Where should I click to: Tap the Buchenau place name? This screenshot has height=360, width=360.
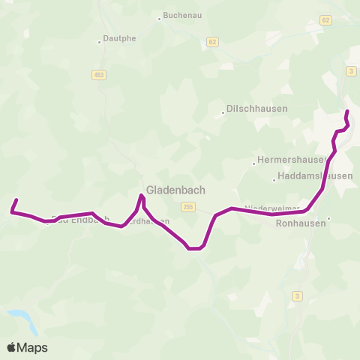click(x=184, y=15)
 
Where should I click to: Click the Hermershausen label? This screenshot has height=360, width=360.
click(x=291, y=160)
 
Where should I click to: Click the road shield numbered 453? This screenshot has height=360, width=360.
click(x=99, y=74)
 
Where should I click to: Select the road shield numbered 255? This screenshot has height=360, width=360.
click(x=187, y=206)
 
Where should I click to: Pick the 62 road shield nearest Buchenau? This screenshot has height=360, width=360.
click(x=214, y=42)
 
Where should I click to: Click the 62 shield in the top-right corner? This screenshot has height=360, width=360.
click(x=325, y=20)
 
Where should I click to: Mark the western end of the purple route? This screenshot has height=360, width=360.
click(x=16, y=199)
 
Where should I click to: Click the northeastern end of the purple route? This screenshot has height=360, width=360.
click(x=346, y=112)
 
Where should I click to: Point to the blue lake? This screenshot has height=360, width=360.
click(x=22, y=319)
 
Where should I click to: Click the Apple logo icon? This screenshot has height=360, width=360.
click(x=13, y=347)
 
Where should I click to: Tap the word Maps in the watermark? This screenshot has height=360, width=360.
click(x=34, y=347)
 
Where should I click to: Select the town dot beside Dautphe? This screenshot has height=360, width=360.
click(x=100, y=42)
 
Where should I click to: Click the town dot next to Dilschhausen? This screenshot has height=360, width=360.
click(x=223, y=114)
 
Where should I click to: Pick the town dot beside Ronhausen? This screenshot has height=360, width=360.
click(x=328, y=219)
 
